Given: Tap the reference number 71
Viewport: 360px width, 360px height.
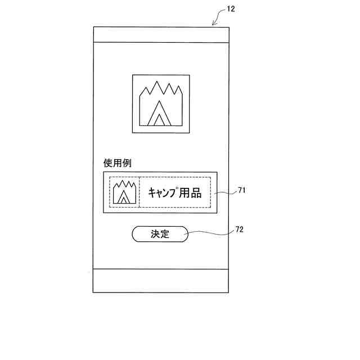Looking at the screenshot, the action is [241, 191].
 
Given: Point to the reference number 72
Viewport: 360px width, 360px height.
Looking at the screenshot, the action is [241, 229].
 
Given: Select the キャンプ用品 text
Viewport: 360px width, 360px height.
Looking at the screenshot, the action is [174, 192].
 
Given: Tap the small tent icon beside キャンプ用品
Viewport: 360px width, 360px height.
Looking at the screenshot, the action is [124, 192].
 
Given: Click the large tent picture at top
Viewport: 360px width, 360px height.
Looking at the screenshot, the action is [161, 103].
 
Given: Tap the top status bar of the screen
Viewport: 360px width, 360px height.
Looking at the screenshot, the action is [161, 35].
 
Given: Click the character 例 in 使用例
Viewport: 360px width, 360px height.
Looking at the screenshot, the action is [128, 163].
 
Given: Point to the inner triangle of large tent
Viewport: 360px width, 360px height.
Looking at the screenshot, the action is [160, 119].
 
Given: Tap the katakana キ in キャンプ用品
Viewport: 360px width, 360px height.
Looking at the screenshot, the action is [152, 192].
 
